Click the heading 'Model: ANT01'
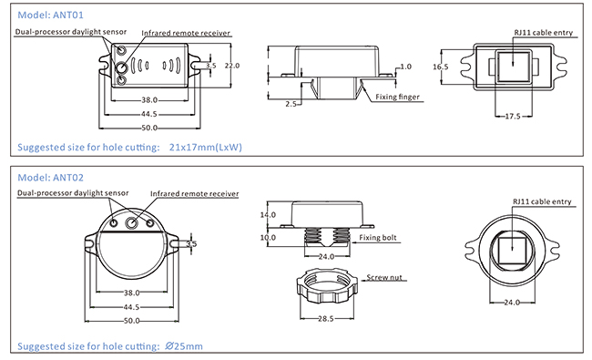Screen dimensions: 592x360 click(x=51, y=15)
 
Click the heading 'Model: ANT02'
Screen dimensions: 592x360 click(x=51, y=178)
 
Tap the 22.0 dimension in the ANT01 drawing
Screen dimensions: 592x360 click(x=232, y=66)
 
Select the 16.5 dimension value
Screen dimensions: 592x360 click(x=440, y=67)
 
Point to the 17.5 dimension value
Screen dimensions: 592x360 click(x=513, y=117)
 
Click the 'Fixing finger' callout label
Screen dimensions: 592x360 click(x=397, y=98)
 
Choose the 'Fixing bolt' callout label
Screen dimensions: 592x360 click(x=378, y=238)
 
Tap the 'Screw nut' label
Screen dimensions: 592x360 click(x=384, y=278)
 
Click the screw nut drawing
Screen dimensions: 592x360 click(x=327, y=285)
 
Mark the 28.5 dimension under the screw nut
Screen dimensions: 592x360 click(x=325, y=319)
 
